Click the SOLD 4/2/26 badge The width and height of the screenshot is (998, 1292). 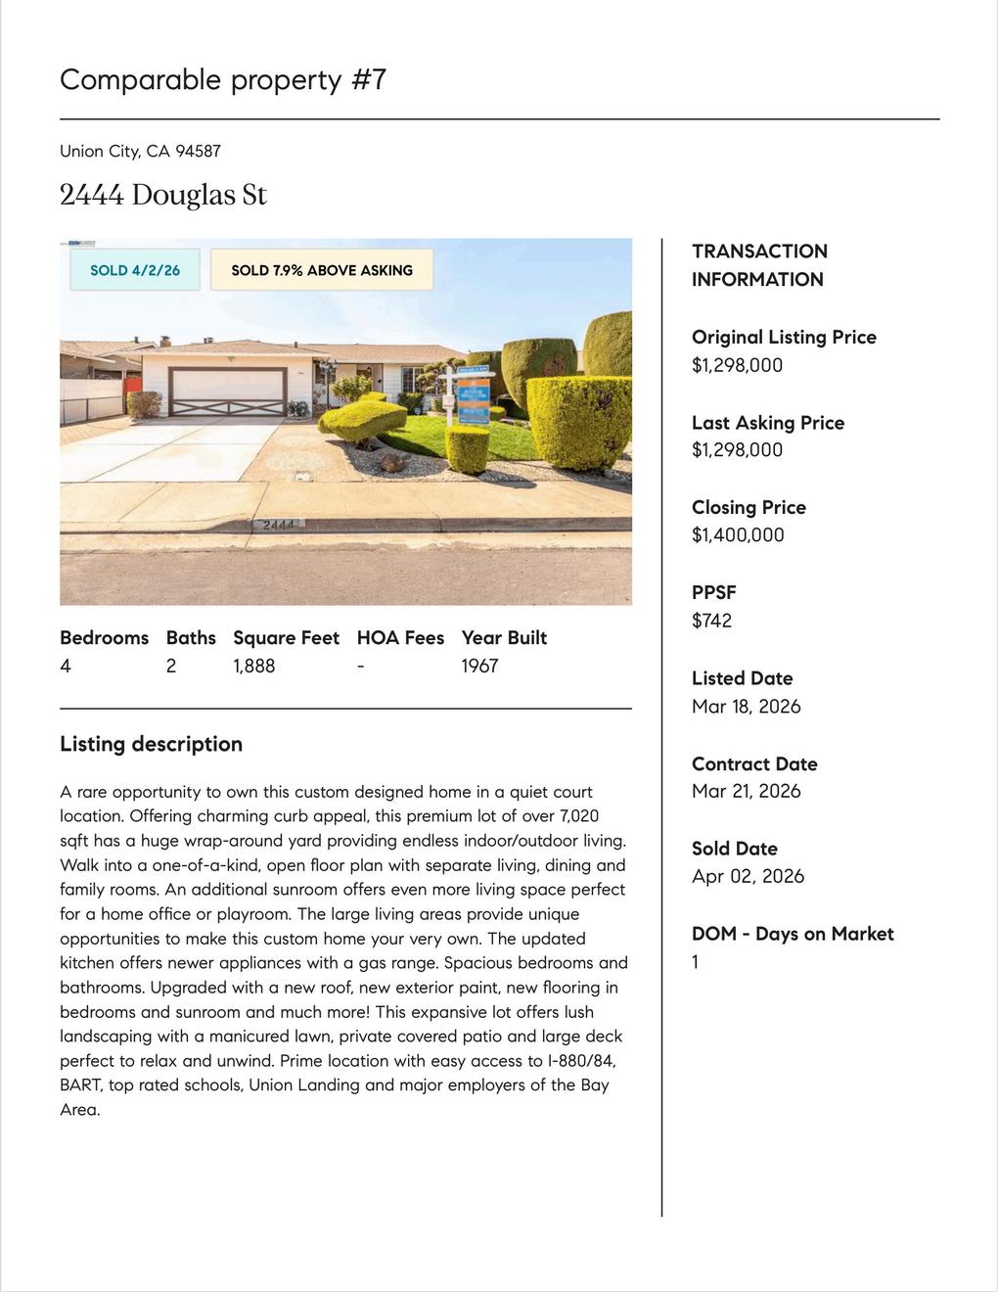[x=135, y=270]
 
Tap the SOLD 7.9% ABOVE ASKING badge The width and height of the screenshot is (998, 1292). [x=322, y=270]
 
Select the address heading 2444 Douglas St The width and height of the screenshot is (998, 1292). [x=163, y=195]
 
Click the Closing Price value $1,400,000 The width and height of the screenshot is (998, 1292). [x=738, y=534]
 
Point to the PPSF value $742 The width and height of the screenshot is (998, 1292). [x=711, y=621]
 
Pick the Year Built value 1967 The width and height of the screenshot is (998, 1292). [x=479, y=666]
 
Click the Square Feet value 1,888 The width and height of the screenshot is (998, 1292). [x=253, y=666]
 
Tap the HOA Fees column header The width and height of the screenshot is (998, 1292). [x=400, y=638]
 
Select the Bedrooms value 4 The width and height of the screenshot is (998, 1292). [x=66, y=666]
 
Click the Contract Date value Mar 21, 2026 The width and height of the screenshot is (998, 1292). [x=746, y=791]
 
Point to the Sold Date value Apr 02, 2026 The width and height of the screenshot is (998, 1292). [x=748, y=876]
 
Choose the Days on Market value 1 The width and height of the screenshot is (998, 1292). [x=696, y=961]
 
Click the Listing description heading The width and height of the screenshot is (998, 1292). [x=151, y=744]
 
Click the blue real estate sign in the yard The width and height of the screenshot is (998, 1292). [x=475, y=396]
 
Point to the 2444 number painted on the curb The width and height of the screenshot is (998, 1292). [x=279, y=525]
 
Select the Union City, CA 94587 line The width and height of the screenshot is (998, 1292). [x=140, y=151]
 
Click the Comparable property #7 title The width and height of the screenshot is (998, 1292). [x=223, y=79]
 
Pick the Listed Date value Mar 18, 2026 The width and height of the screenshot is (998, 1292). [x=746, y=706]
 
